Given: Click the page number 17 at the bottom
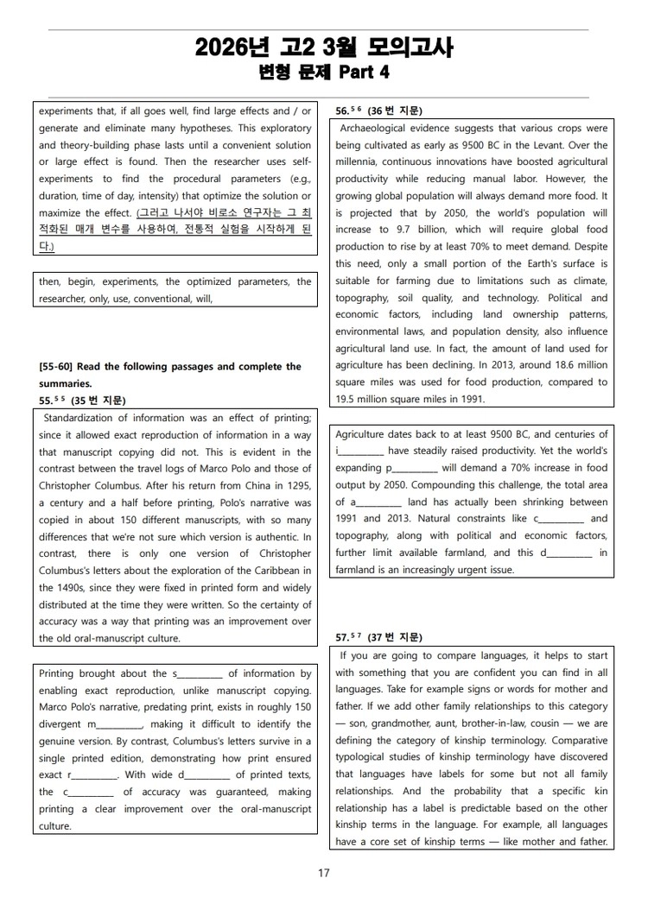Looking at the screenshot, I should point(324,873).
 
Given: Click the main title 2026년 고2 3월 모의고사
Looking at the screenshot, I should point(324,47).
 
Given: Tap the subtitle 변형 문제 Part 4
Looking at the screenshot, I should point(324,73).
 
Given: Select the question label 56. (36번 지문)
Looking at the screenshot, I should point(378,111).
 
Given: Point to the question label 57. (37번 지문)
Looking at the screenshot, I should point(378,637).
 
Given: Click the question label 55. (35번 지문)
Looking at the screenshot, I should point(82,400).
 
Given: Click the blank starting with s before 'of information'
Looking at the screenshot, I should point(200,674).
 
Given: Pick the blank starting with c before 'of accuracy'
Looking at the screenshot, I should point(89,793).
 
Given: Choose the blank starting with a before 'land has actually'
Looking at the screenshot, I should point(375,502).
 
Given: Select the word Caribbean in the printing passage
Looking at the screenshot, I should point(272,571).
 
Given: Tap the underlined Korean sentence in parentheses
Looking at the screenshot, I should point(175,229).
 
